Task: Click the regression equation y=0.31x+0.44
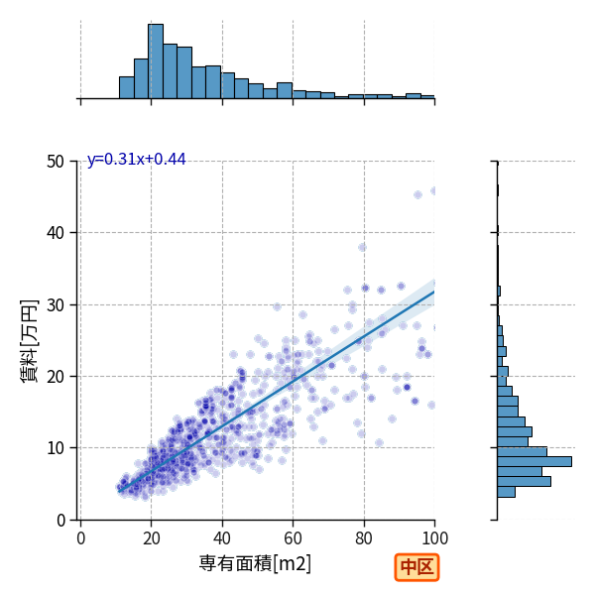click(137, 160)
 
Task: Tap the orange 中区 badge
click(416, 567)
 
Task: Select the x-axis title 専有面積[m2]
click(255, 563)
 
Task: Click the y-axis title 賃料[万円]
click(29, 341)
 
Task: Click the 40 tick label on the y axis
click(56, 233)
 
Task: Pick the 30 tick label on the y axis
click(56, 304)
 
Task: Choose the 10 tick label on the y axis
click(56, 448)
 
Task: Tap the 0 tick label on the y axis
click(60, 521)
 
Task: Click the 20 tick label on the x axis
click(152, 538)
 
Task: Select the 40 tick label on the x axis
click(222, 538)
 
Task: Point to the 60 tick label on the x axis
click(293, 538)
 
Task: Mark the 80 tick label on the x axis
click(364, 538)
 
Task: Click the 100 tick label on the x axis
click(435, 538)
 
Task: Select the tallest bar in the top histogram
click(156, 61)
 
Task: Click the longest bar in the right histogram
click(535, 461)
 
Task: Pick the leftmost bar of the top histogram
click(127, 87)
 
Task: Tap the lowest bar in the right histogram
click(506, 492)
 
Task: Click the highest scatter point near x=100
click(433, 190)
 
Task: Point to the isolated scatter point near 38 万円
click(362, 247)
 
